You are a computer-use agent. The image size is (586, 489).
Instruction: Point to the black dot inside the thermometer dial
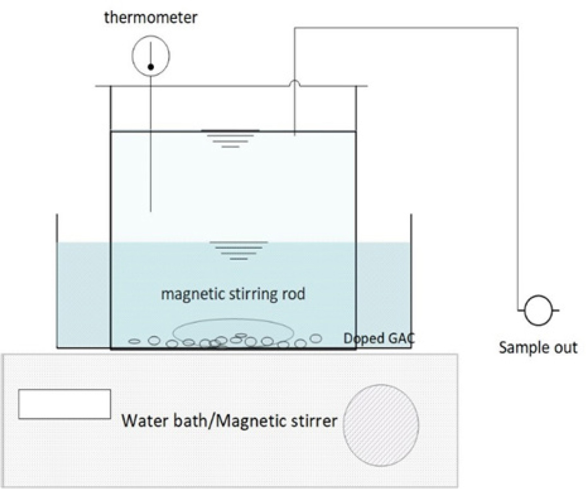click(x=151, y=67)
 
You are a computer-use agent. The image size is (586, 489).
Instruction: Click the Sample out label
click(x=538, y=347)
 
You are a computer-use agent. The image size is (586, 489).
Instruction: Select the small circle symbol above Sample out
click(x=537, y=310)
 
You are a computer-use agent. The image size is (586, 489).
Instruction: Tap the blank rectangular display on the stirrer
click(x=64, y=404)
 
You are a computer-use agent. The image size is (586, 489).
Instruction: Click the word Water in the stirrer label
click(x=143, y=420)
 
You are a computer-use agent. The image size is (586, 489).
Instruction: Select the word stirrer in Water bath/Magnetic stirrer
click(x=313, y=420)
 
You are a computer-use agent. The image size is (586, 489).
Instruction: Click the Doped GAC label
click(x=379, y=338)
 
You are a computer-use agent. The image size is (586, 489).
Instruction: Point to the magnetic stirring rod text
click(x=233, y=294)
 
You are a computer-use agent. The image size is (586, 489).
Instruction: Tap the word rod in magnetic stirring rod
click(x=293, y=294)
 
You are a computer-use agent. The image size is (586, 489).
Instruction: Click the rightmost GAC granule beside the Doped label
click(x=316, y=338)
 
